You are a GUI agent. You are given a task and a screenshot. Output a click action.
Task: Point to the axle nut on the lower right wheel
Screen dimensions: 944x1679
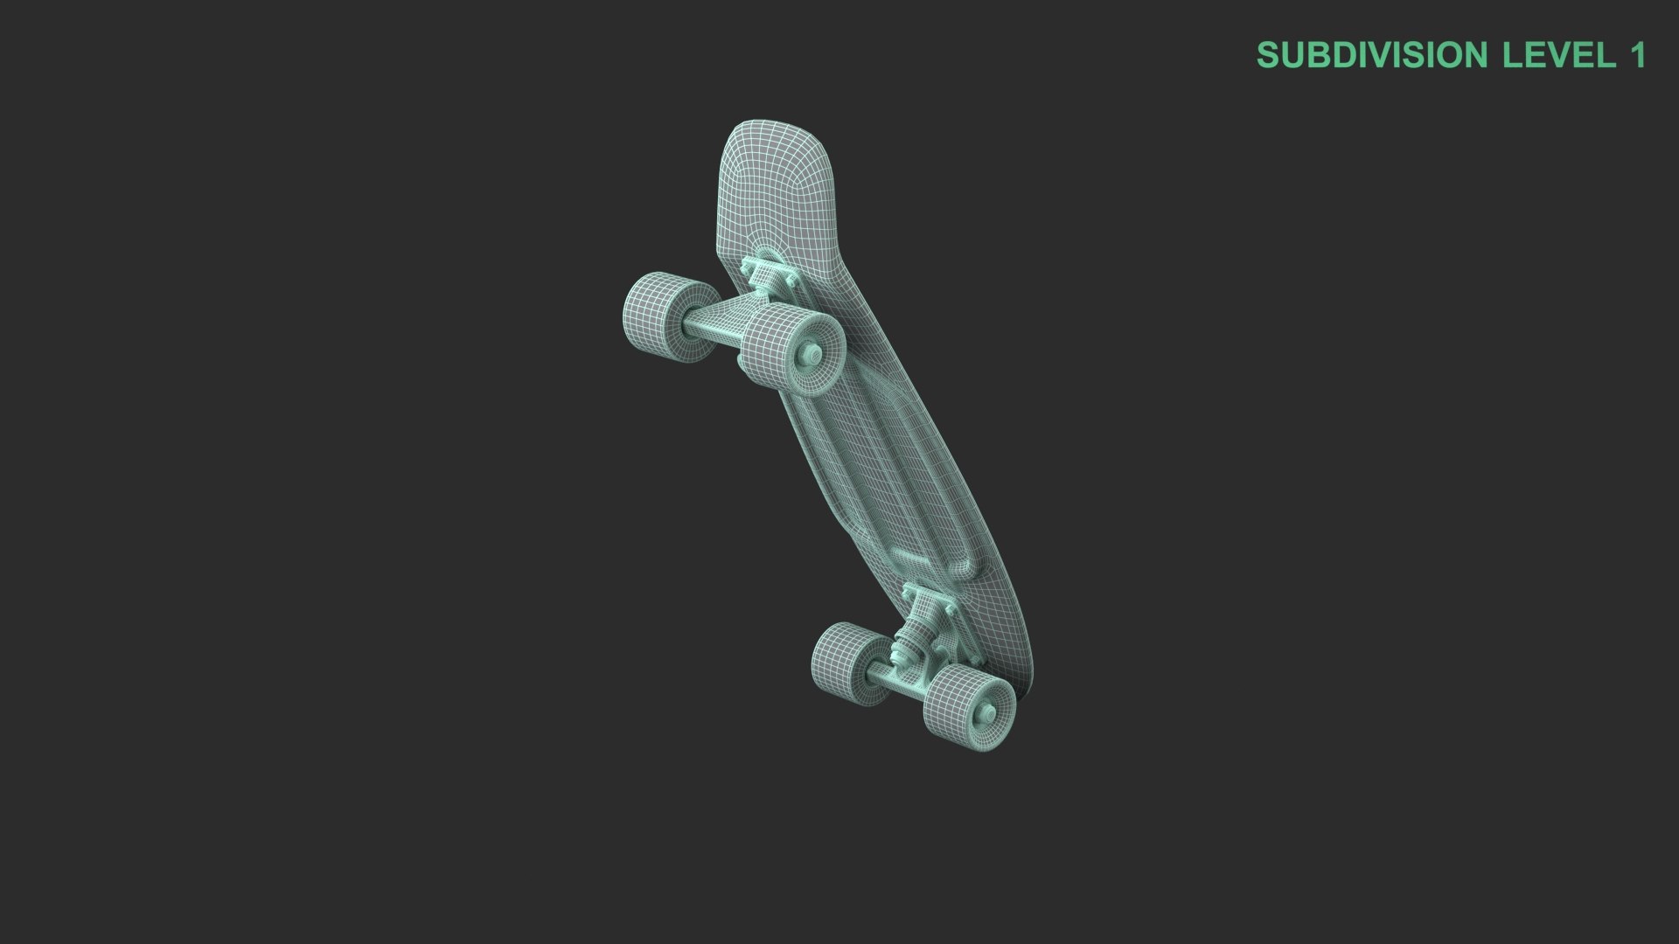[x=988, y=711]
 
